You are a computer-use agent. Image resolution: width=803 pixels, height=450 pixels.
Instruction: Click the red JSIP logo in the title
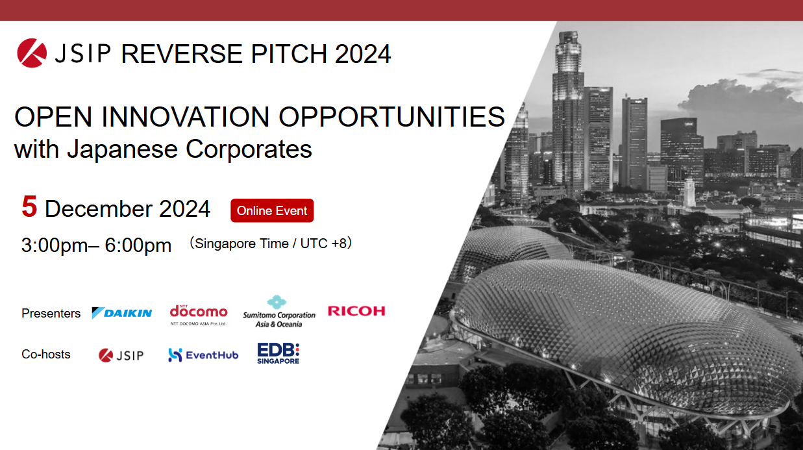(x=32, y=53)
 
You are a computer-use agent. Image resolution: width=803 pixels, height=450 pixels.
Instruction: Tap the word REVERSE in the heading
(x=182, y=54)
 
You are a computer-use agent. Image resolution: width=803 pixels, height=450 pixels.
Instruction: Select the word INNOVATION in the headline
(x=186, y=117)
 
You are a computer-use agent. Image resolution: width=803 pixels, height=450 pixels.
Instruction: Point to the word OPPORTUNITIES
(x=392, y=117)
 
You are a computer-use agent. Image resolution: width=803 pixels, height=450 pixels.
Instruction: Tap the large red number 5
(x=29, y=206)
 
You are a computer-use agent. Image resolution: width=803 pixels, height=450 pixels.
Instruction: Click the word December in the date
(x=97, y=209)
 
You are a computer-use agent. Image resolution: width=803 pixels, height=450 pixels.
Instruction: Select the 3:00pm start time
(x=55, y=245)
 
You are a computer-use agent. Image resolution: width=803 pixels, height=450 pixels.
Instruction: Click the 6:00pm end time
(x=138, y=245)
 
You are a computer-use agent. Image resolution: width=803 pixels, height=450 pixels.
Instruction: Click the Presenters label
(x=51, y=314)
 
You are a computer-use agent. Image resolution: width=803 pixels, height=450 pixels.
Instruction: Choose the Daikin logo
(x=122, y=313)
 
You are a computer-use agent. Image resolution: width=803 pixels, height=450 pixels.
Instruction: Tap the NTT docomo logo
(x=199, y=315)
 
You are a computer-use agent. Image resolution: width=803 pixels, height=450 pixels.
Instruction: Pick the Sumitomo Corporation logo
(x=279, y=311)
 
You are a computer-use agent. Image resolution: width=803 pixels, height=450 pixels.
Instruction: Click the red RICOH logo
(x=356, y=311)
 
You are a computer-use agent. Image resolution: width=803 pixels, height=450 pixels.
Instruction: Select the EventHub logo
(x=203, y=355)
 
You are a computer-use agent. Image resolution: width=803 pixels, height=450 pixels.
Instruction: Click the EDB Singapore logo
(x=278, y=353)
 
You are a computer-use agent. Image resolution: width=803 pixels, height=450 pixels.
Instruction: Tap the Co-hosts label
(x=46, y=355)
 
